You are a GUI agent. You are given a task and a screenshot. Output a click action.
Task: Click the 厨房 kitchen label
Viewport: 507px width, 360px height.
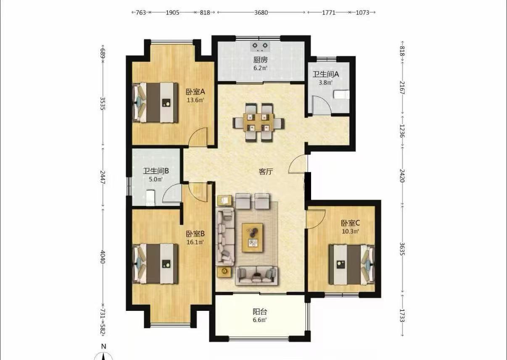[260, 60]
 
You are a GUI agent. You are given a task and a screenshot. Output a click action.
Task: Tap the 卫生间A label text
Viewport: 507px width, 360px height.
[325, 74]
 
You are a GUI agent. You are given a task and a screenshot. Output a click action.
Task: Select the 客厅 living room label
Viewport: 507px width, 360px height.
[266, 172]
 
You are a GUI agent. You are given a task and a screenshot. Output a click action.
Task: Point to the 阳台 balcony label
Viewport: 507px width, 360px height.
[260, 312]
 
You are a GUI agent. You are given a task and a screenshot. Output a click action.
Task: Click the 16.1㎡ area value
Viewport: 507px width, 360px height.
[195, 242]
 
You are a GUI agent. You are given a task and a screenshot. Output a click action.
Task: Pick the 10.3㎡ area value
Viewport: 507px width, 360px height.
[350, 231]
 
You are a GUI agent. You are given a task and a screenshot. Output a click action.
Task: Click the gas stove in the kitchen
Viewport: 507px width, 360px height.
[260, 47]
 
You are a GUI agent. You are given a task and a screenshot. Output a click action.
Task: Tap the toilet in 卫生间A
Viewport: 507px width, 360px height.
[342, 95]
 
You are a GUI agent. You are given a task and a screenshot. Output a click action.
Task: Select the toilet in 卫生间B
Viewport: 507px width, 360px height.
[150, 198]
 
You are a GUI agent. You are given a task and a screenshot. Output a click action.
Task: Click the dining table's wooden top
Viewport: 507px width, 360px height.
[258, 122]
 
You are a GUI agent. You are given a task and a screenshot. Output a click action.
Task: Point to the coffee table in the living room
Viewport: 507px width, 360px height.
[252, 238]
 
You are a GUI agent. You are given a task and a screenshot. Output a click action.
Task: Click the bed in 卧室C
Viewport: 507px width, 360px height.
[352, 265]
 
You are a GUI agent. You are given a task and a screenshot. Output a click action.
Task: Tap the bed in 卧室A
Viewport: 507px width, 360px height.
[155, 102]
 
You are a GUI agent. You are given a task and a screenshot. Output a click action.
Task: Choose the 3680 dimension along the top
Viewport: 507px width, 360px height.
[261, 13]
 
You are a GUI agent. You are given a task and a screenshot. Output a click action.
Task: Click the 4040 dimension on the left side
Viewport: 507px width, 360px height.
[103, 257]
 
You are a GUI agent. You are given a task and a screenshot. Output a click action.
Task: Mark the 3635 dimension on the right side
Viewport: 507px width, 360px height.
[402, 249]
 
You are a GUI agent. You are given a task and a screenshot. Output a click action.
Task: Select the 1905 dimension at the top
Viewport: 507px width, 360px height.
[172, 13]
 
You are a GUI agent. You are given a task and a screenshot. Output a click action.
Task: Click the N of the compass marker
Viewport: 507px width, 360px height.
[104, 346]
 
